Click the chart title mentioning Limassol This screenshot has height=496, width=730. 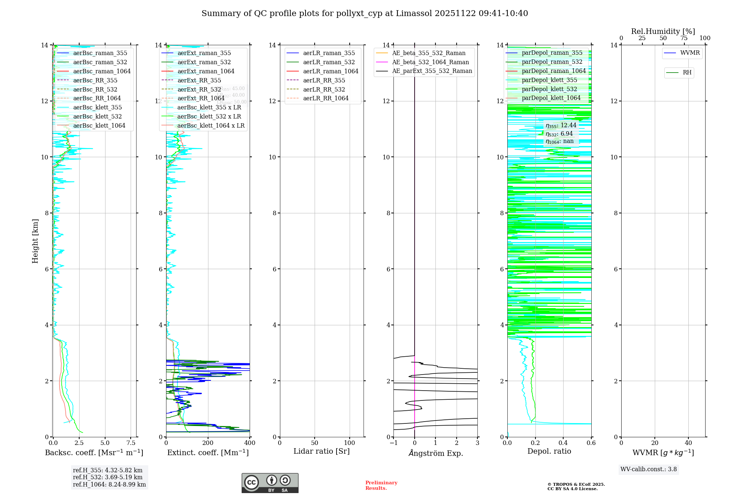[365, 13]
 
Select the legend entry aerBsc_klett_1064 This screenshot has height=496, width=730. [99, 125]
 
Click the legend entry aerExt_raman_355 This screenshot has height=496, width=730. [204, 53]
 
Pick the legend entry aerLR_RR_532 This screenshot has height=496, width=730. [324, 89]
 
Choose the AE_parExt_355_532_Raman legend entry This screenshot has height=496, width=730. [432, 71]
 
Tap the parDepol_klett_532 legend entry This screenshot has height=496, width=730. [549, 89]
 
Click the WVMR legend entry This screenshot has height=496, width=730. [690, 53]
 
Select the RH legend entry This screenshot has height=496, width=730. [687, 73]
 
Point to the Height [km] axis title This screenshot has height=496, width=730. [35, 241]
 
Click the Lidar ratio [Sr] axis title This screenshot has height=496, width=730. [322, 452]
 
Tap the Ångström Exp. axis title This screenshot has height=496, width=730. [435, 453]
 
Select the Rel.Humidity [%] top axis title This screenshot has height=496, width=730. [663, 31]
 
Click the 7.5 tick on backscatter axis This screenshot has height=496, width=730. [131, 443]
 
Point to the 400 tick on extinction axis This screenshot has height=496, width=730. [250, 443]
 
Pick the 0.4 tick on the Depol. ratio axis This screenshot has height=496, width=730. [563, 443]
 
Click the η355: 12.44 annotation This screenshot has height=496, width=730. [561, 125]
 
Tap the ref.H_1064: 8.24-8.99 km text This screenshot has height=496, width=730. [109, 484]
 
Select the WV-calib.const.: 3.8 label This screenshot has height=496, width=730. [648, 469]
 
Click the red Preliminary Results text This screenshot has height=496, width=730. [381, 485]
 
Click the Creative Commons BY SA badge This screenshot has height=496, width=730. [270, 483]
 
